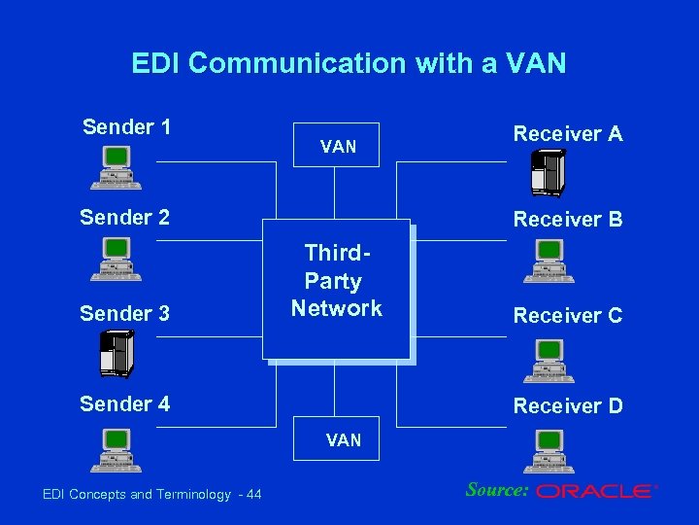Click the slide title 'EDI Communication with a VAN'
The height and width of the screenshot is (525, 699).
click(349, 64)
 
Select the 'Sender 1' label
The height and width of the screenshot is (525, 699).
click(126, 127)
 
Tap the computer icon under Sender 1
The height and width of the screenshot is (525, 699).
click(116, 167)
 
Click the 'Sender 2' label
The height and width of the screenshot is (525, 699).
click(124, 217)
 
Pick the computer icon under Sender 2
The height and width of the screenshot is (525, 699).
click(116, 259)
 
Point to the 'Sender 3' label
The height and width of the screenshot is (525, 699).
click(124, 313)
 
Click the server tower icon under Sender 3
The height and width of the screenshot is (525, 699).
click(116, 354)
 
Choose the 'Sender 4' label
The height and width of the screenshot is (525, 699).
click(124, 403)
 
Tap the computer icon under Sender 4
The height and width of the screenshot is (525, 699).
click(116, 450)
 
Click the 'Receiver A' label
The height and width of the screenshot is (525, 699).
click(568, 134)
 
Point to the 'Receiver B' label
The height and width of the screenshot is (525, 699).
click(568, 220)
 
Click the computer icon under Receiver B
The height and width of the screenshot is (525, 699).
click(549, 261)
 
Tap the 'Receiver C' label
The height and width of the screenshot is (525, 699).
click(568, 316)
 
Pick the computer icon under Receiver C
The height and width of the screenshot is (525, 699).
click(549, 360)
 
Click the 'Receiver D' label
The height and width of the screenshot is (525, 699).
click(568, 405)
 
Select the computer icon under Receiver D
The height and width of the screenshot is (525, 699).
click(549, 450)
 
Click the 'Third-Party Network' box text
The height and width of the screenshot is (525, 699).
click(336, 281)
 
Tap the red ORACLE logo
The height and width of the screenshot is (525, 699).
click(595, 492)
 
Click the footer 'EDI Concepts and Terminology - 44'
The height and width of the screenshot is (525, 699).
click(152, 495)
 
